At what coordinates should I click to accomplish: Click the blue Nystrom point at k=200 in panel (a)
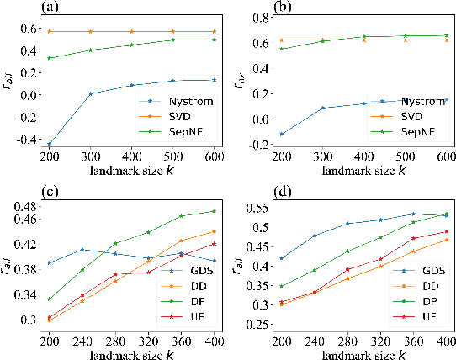pyautogui.click(x=50, y=144)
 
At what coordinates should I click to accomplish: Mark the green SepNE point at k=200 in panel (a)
pyautogui.click(x=50, y=58)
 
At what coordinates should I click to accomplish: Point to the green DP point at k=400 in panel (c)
pyautogui.click(x=214, y=211)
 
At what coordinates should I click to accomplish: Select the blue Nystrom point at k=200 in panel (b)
pyautogui.click(x=281, y=134)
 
